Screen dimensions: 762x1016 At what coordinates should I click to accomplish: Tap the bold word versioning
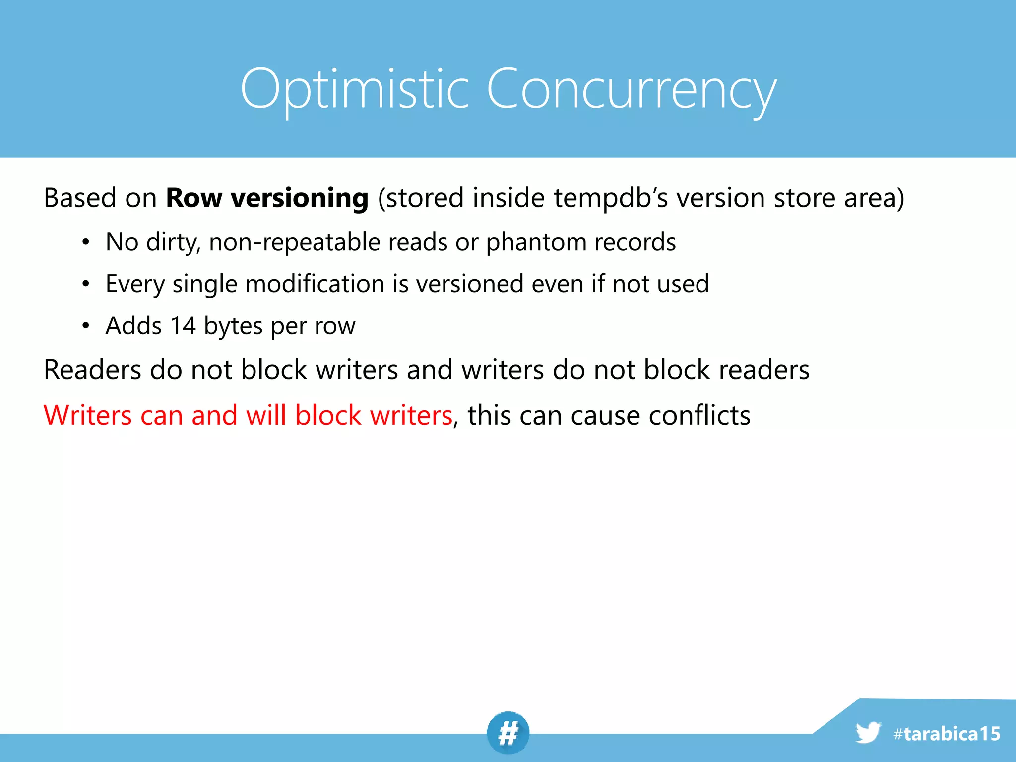(x=300, y=198)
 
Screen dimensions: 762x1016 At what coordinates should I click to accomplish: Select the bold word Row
(x=194, y=198)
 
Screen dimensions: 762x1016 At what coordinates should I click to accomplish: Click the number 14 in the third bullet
(x=183, y=326)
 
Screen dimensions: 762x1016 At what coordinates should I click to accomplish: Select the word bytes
(x=233, y=327)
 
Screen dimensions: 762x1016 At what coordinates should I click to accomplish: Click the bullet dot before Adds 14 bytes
(x=86, y=326)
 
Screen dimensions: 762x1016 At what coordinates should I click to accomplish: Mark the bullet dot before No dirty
(x=86, y=242)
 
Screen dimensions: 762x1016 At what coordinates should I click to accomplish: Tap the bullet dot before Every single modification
(x=86, y=284)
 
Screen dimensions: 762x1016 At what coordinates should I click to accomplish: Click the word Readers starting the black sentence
(x=93, y=370)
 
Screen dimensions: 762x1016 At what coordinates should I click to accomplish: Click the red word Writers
(x=87, y=415)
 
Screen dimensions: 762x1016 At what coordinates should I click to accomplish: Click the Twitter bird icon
(x=868, y=733)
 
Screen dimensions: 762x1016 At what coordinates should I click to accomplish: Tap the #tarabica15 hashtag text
(x=947, y=734)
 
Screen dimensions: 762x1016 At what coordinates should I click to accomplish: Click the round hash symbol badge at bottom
(x=508, y=733)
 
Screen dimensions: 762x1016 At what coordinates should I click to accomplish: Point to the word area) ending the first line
(x=874, y=198)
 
